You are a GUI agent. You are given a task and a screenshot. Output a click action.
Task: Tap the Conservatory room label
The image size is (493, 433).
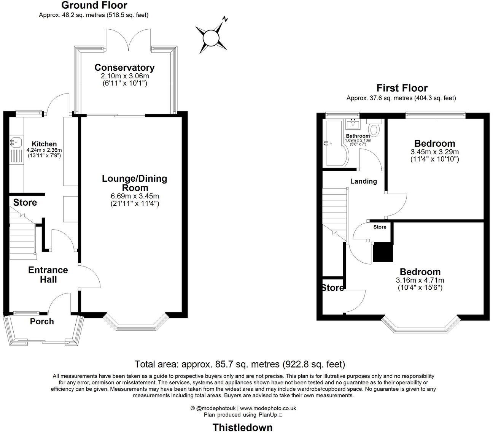tap(124, 68)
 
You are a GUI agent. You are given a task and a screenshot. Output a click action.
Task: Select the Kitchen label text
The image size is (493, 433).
tap(44, 144)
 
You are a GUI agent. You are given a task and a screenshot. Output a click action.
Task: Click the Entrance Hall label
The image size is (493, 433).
tap(48, 275)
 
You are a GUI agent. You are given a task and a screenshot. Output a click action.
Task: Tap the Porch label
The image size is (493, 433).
tap(42, 322)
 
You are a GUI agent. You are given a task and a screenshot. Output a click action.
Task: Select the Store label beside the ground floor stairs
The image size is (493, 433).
tap(25, 203)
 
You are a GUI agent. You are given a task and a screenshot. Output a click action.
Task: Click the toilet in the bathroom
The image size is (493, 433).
tap(374, 129)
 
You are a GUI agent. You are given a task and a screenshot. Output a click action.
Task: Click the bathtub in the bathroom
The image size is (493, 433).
tap(333, 144)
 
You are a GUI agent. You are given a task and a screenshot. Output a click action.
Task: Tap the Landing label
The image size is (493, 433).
tap(363, 181)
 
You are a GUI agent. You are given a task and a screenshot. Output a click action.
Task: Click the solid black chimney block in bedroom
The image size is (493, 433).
tap(383, 252)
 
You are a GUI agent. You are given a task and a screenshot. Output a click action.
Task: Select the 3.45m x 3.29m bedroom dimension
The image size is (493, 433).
tap(434, 152)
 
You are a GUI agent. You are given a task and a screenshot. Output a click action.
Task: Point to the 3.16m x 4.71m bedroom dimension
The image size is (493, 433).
tap(420, 281)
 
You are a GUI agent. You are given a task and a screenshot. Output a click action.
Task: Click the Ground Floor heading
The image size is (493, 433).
tap(94, 5)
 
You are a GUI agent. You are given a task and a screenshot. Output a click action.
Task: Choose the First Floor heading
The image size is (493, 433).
tap(402, 88)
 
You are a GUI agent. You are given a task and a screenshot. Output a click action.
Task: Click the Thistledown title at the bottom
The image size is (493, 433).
tap(242, 427)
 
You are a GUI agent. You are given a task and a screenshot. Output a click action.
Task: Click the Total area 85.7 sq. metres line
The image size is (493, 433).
tap(240, 364)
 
